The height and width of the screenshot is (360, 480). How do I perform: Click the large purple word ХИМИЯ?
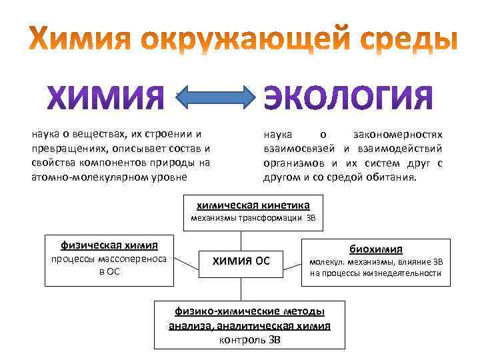tap(105, 99)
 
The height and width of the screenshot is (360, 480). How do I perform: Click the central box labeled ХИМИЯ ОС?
tap(241, 261)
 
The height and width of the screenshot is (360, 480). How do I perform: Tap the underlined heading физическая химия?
tap(100, 244)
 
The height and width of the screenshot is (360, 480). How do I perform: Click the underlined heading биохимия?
tap(375, 249)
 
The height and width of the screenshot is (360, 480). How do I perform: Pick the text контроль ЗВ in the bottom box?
tap(250, 339)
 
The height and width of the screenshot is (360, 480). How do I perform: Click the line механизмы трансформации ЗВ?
tap(252, 218)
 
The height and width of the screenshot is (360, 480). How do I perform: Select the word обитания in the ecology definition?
tap(393, 178)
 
